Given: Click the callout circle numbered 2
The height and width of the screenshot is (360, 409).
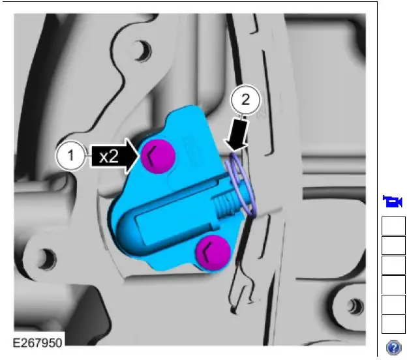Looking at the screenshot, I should [x=245, y=100].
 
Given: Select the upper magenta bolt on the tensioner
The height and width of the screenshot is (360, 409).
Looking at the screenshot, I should [x=155, y=155].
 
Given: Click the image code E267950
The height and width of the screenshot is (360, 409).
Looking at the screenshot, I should [x=38, y=342].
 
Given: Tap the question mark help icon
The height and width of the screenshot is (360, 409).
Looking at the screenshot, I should [x=394, y=347].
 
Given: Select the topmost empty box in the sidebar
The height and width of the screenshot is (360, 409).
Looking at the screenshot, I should [x=393, y=226].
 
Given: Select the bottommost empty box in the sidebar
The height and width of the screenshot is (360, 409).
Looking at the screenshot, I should [x=393, y=323].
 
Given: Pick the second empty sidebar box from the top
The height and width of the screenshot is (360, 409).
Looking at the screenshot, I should [x=393, y=245].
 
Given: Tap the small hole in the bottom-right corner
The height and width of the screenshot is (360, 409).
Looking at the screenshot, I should [x=354, y=305].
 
